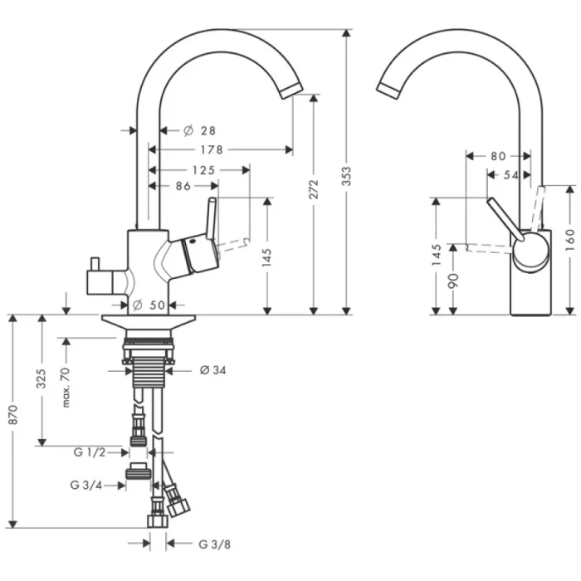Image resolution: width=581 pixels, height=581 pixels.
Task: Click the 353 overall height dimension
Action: click(x=348, y=176)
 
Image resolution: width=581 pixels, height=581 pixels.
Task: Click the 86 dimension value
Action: click(x=183, y=186)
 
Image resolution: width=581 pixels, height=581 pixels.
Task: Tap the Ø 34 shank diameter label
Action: click(x=212, y=370)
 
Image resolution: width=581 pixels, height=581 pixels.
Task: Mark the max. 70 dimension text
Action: click(x=66, y=385)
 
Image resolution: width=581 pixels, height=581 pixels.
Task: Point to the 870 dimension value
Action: click(x=12, y=421)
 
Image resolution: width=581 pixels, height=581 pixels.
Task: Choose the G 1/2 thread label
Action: click(x=89, y=452)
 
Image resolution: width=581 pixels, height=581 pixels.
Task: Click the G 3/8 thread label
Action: click(x=214, y=544)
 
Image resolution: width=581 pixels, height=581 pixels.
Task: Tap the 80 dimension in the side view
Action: click(x=498, y=155)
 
